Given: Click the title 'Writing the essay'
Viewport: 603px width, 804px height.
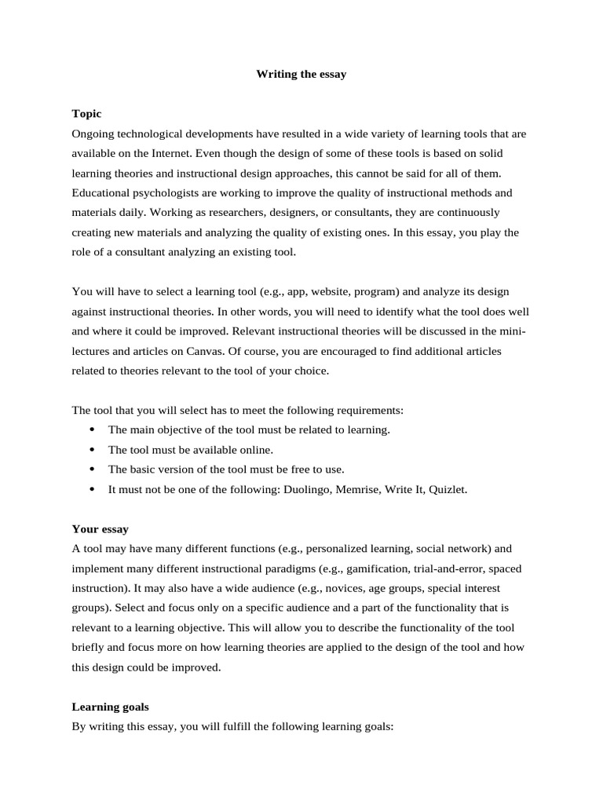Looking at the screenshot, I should pos(301,75).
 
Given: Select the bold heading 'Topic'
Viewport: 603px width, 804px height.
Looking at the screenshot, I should pos(86,114).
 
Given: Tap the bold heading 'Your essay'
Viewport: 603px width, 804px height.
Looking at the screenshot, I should pos(100,529).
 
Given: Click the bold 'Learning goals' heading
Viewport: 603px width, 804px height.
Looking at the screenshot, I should pos(110,707).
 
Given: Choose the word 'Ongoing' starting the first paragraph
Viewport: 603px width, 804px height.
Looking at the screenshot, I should pos(92,133).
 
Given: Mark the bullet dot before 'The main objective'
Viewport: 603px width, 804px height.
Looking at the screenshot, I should pos(92,430).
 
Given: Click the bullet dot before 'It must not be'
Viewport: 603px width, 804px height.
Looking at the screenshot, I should pos(92,489).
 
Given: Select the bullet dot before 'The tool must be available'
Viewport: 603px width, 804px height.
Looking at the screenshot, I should pos(92,450).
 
